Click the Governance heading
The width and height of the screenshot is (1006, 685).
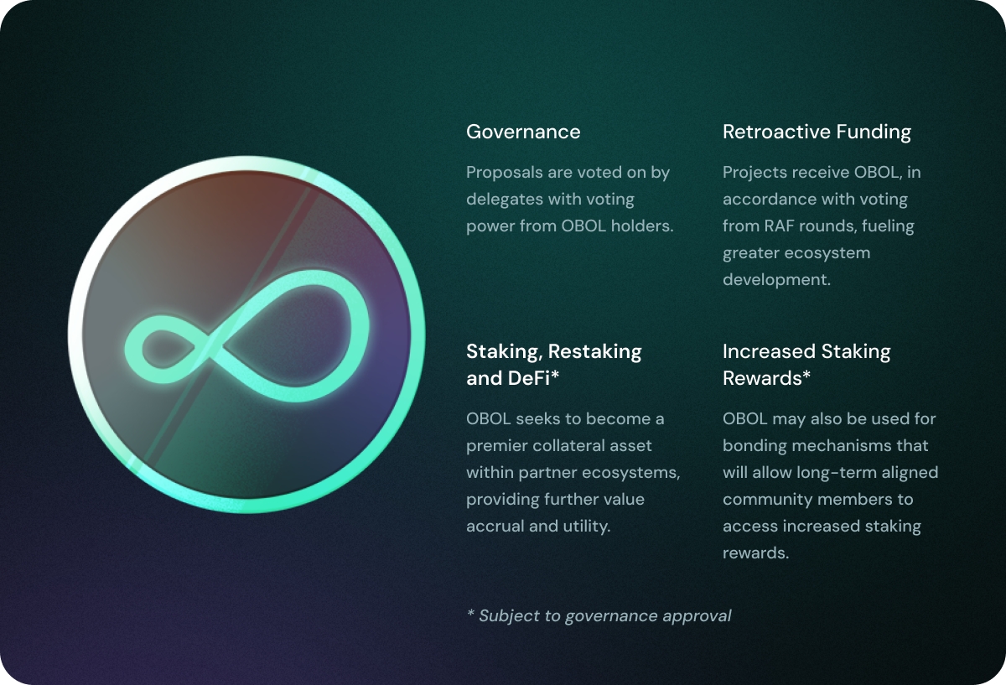coord(523,132)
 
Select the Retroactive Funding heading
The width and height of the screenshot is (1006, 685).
coord(817,132)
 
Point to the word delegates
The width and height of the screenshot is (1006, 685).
coord(501,200)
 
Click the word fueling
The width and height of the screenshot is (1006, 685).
coord(888,226)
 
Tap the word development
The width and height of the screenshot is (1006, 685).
coord(776,280)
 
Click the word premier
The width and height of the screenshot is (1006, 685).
coord(497,446)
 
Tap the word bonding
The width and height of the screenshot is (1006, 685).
coord(754,446)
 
